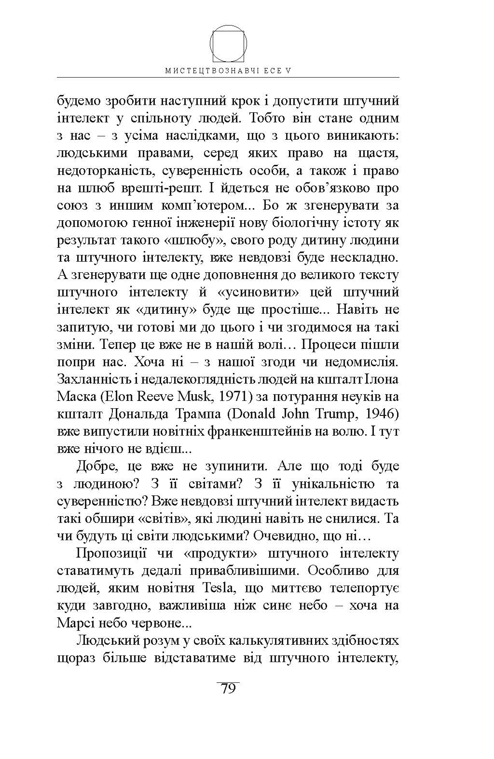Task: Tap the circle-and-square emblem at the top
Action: (x=228, y=43)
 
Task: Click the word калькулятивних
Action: (x=272, y=641)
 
